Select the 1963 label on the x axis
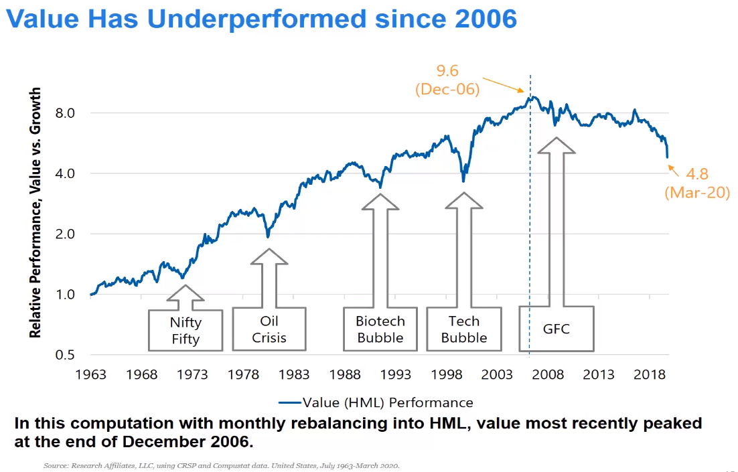point(90,374)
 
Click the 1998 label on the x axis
point(447,374)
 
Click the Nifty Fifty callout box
point(186,330)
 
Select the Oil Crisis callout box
point(269,329)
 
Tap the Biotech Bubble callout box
point(380,329)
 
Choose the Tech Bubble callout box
point(464,329)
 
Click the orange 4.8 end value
point(696,175)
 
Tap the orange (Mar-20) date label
point(696,193)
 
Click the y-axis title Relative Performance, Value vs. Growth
point(35,212)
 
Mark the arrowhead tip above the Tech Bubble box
point(464,193)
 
